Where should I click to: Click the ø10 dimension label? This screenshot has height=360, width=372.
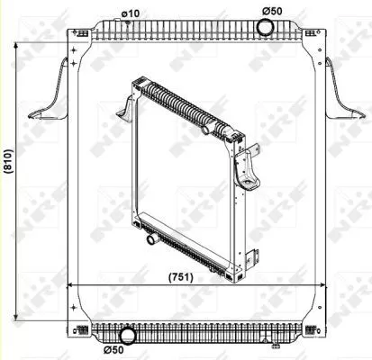click(x=130, y=13)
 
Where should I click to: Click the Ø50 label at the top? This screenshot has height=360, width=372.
click(x=272, y=11)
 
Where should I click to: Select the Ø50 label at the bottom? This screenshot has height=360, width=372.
click(x=113, y=349)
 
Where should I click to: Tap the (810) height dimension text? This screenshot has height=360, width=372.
click(x=8, y=161)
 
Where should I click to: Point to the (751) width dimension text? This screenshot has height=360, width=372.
click(x=181, y=277)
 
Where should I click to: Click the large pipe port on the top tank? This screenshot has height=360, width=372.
click(x=266, y=27)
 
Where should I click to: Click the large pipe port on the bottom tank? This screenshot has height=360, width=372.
click(x=128, y=337)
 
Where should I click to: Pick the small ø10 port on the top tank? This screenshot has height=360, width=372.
click(x=127, y=22)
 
